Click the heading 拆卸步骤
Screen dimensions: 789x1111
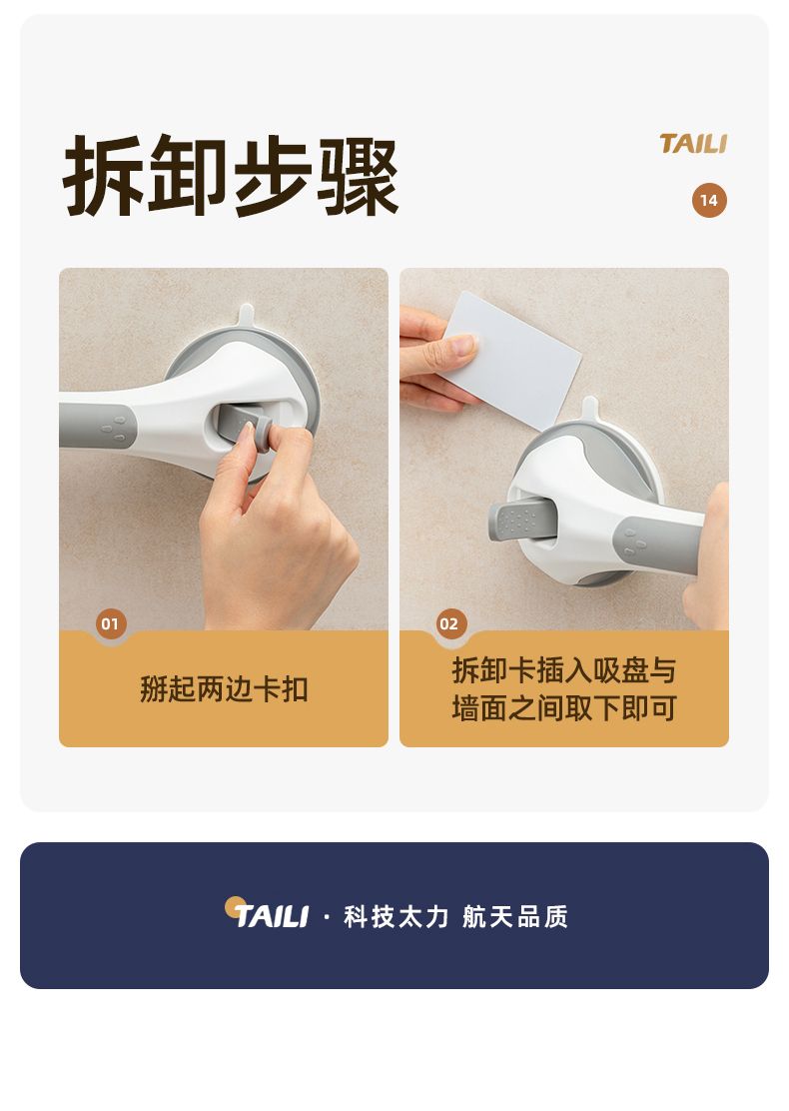(231, 174)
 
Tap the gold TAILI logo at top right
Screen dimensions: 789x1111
(693, 144)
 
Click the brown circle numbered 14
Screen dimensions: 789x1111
(709, 201)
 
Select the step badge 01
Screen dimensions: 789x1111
(111, 623)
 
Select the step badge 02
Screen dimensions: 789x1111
(449, 623)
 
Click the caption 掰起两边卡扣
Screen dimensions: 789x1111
(224, 688)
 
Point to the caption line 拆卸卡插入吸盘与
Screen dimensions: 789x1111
(563, 670)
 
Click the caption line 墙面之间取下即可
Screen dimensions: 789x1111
(563, 707)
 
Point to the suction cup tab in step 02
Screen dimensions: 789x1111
(589, 408)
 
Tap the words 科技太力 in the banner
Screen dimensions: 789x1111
(395, 916)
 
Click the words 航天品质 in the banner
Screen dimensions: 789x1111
(515, 916)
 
